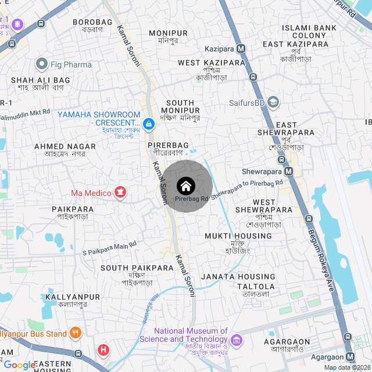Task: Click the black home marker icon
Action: tap(185, 186)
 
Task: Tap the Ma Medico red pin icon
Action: tap(120, 192)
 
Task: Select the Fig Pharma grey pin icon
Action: tap(41, 63)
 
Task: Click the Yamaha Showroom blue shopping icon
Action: tap(149, 124)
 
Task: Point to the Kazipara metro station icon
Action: tap(241, 48)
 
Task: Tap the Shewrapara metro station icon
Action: tap(289, 171)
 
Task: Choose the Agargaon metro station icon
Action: tap(350, 357)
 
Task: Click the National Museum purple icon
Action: tap(237, 339)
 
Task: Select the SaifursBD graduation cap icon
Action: tap(274, 103)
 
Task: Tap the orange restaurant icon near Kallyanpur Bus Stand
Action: tap(75, 333)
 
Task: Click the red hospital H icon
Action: tap(103, 350)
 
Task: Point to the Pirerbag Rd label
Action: tap(185, 199)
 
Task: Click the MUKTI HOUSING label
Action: tap(238, 236)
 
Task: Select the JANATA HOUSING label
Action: tap(238, 277)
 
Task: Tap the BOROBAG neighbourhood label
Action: tap(91, 22)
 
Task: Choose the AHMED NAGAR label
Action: tap(65, 146)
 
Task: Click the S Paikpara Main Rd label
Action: tap(113, 249)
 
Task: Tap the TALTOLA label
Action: tap(256, 287)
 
